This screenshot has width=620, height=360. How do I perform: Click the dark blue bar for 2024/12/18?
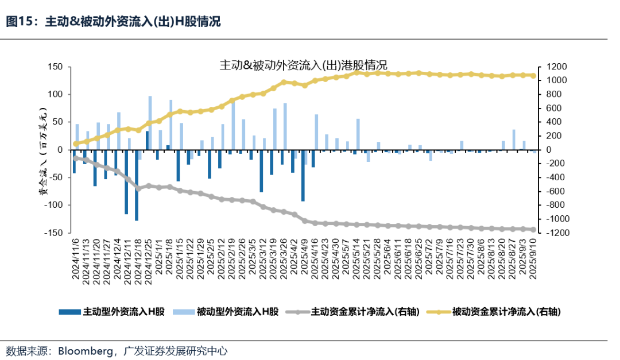point(137,185)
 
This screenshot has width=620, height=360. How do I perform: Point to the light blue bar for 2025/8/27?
point(514,140)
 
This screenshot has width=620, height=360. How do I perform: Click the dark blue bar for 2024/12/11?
point(126,181)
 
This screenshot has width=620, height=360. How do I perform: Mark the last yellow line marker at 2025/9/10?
point(533,76)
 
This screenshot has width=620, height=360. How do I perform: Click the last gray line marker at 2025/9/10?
point(533,230)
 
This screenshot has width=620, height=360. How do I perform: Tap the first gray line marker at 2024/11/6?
point(75,157)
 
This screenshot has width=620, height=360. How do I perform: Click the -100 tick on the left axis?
point(55,205)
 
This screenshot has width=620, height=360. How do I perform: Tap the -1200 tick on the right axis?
point(551,233)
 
